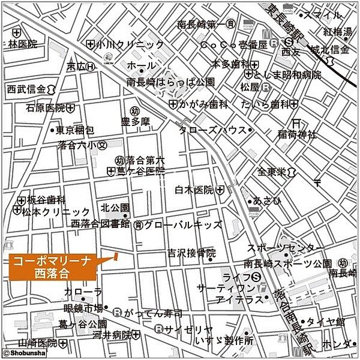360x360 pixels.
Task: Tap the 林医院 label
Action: (x=23, y=44)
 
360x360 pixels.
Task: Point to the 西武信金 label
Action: (x=26, y=88)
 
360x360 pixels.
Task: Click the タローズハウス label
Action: (x=212, y=130)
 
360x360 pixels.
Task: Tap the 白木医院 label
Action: (x=194, y=190)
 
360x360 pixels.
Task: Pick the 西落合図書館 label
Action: (x=100, y=224)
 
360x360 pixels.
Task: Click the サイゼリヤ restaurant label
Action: (x=189, y=329)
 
